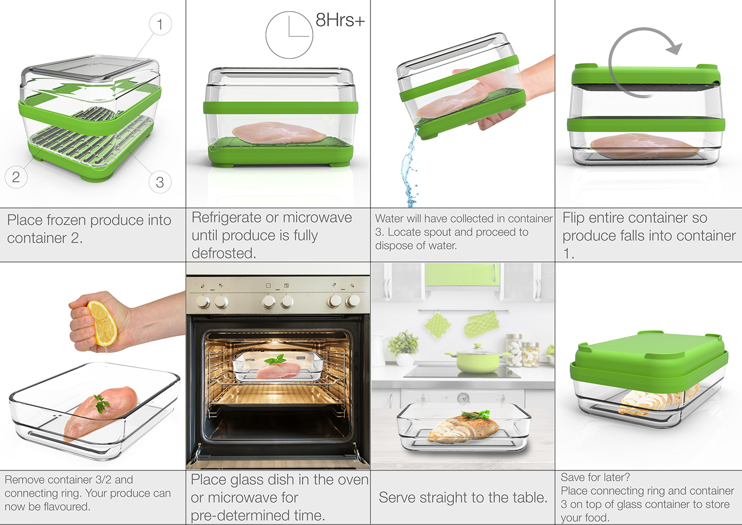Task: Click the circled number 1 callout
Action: (x=160, y=24)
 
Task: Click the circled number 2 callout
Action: (x=16, y=177)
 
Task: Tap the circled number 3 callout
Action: (x=160, y=182)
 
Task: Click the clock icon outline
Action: (x=289, y=35)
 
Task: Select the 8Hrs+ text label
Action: (x=340, y=20)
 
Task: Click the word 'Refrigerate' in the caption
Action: (x=227, y=217)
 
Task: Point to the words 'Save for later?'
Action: (x=595, y=477)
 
